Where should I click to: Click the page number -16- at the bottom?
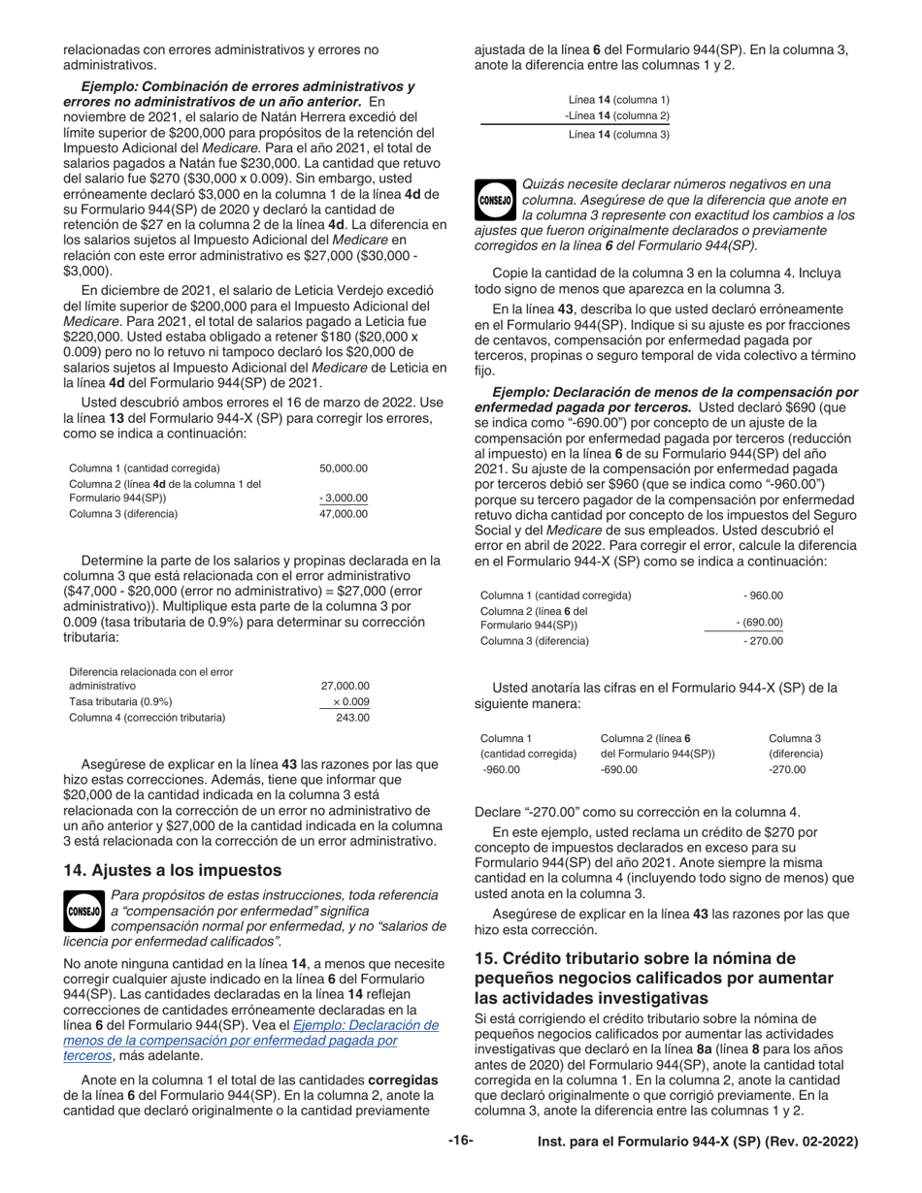click(460, 1141)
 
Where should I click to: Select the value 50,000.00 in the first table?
click(344, 468)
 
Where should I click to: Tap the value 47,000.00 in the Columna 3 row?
click(344, 513)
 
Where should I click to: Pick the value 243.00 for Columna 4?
click(352, 718)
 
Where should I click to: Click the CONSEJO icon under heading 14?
click(82, 911)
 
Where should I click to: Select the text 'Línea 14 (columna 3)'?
click(618, 134)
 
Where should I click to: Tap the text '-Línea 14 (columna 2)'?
click(617, 116)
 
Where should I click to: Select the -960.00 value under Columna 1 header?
click(501, 769)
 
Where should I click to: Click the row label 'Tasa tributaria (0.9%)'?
click(120, 701)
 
